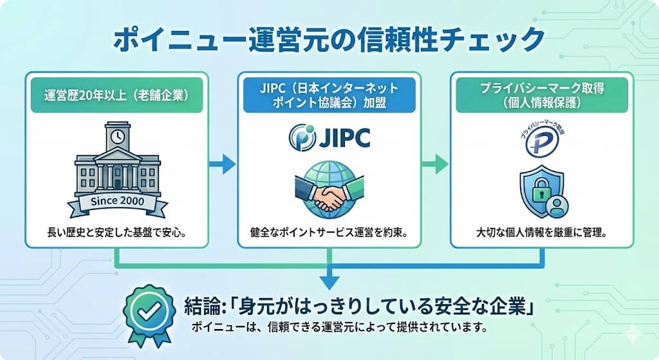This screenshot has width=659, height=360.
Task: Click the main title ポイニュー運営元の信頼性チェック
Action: (x=329, y=40)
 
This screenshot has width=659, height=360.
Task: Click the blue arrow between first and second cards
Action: (x=223, y=164)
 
